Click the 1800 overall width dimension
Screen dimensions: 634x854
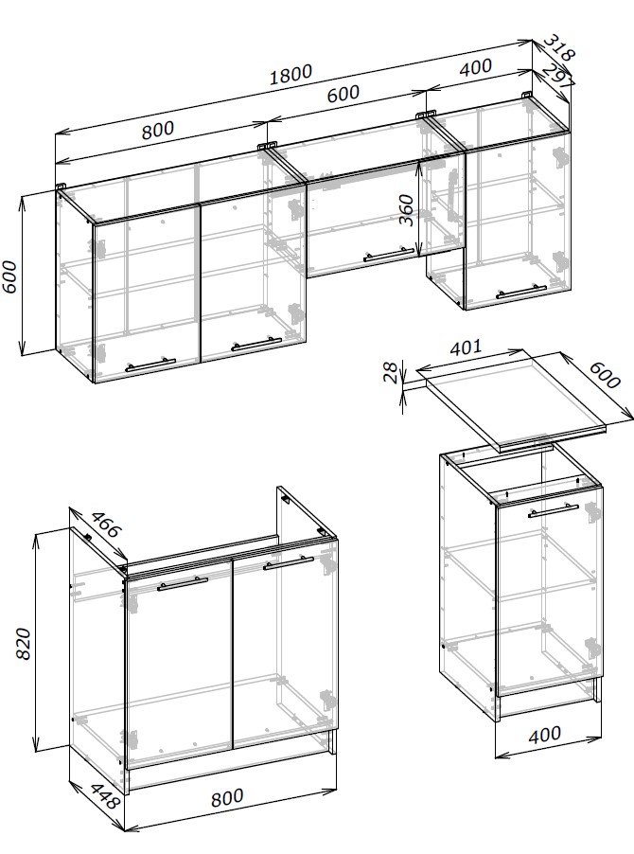tap(291, 74)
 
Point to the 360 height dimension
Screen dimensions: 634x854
tap(406, 209)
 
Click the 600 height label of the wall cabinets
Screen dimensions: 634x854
tap(11, 277)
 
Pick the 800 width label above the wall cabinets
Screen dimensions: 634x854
tap(158, 130)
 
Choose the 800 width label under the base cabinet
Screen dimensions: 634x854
tap(227, 797)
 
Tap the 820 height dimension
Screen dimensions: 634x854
tap(23, 645)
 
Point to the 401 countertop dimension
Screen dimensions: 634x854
tap(466, 347)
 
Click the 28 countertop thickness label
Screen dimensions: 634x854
tap(391, 373)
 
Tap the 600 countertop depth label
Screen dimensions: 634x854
tap(605, 375)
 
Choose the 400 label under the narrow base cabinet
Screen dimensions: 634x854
tap(544, 735)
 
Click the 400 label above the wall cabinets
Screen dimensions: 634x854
tap(476, 67)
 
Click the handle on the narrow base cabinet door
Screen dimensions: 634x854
tap(553, 510)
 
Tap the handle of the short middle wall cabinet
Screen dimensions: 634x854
tap(389, 254)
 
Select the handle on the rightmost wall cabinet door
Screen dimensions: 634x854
tap(521, 292)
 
